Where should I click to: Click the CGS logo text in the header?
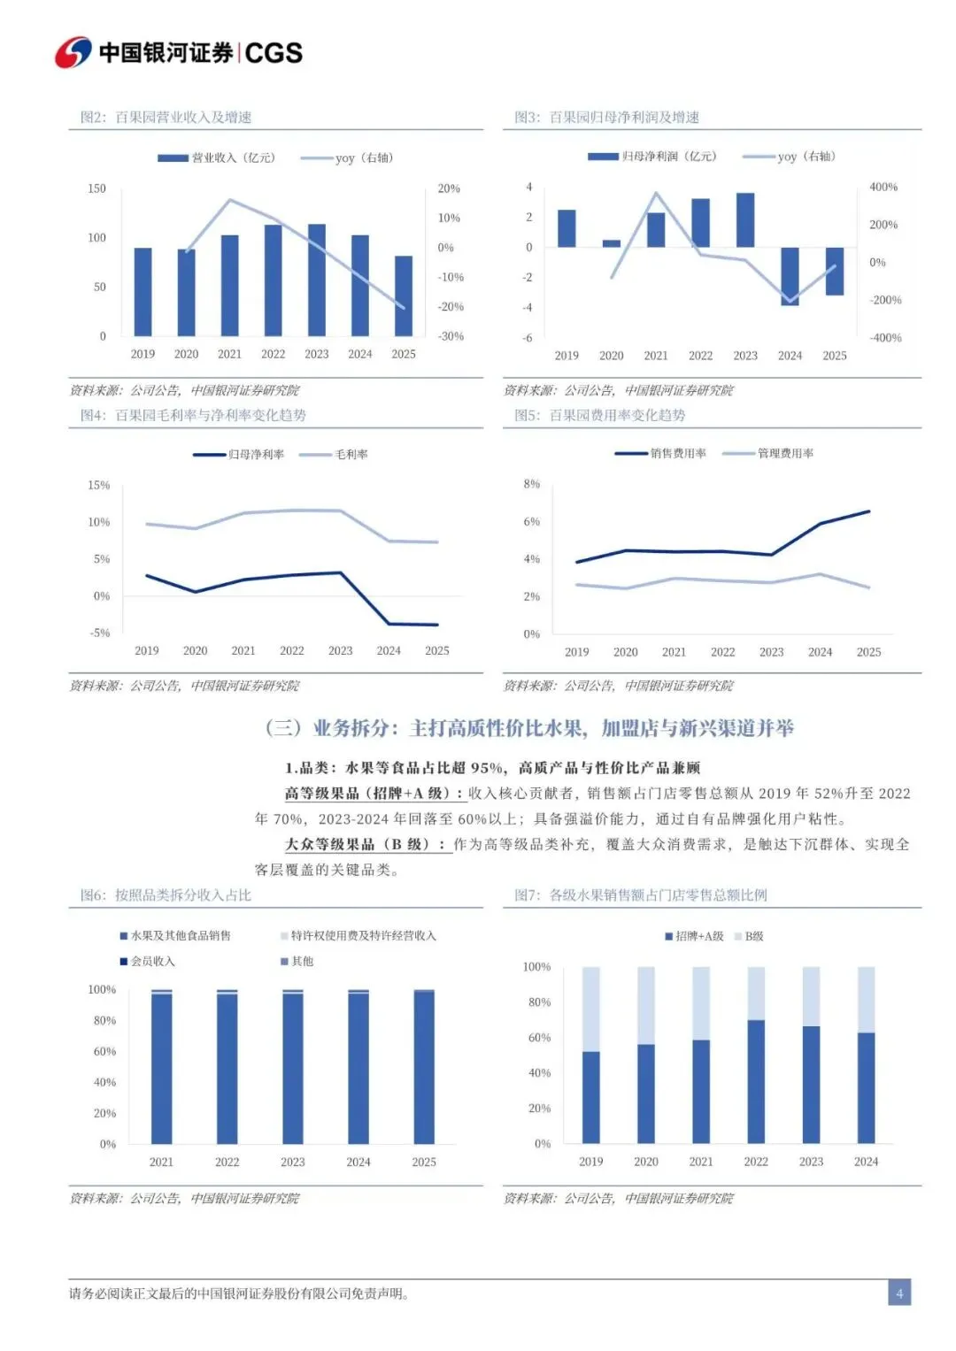(273, 53)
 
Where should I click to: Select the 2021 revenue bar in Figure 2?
(229, 285)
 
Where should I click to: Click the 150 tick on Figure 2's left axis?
(96, 188)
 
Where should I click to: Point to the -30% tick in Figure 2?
(451, 336)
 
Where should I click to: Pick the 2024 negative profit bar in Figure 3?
(790, 276)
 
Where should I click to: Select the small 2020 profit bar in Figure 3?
(612, 243)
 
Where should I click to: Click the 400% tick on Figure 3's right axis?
(883, 188)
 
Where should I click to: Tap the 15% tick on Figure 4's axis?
(98, 486)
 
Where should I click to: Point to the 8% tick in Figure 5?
(531, 484)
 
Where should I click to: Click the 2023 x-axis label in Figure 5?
(771, 652)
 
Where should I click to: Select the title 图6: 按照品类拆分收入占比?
(166, 895)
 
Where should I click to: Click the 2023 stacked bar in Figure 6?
(293, 1068)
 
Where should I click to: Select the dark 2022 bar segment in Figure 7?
(756, 1081)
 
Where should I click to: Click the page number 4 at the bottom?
(899, 1293)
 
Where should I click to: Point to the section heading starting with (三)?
(529, 728)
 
